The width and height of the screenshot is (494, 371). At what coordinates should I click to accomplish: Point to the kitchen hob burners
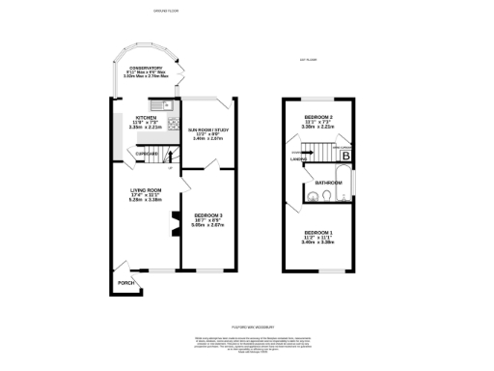pos(173,122)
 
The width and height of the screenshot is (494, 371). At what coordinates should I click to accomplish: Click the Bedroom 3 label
pos(208,217)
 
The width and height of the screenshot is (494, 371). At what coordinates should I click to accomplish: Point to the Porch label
pos(125,283)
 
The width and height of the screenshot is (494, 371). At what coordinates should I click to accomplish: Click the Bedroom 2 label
pos(317,120)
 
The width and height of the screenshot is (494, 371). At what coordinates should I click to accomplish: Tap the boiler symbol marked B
pos(346,156)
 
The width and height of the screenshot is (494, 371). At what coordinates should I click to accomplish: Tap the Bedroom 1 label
pos(317,235)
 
